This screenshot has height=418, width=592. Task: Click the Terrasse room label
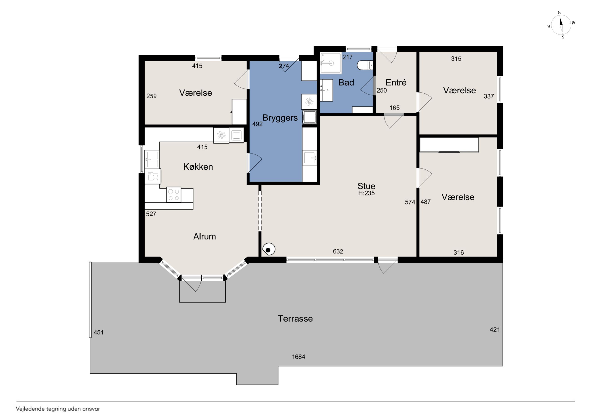295,319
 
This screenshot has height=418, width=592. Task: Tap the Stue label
366,186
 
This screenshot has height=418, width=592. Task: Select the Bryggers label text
280,118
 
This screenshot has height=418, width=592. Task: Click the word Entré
396,82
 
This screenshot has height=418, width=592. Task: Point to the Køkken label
198,167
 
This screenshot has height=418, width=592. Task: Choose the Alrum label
204,237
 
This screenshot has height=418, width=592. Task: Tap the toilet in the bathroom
365,65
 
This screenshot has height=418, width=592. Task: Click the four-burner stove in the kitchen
174,195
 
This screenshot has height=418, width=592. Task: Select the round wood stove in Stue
269,249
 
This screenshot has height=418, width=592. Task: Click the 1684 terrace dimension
298,357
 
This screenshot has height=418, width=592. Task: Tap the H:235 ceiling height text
366,193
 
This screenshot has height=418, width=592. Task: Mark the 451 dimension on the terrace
99,332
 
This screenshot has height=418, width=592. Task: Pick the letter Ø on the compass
573,23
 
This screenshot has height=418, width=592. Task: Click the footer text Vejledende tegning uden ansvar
58,409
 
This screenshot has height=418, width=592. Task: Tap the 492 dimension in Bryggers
257,124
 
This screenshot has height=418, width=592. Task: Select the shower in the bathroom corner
331,63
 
